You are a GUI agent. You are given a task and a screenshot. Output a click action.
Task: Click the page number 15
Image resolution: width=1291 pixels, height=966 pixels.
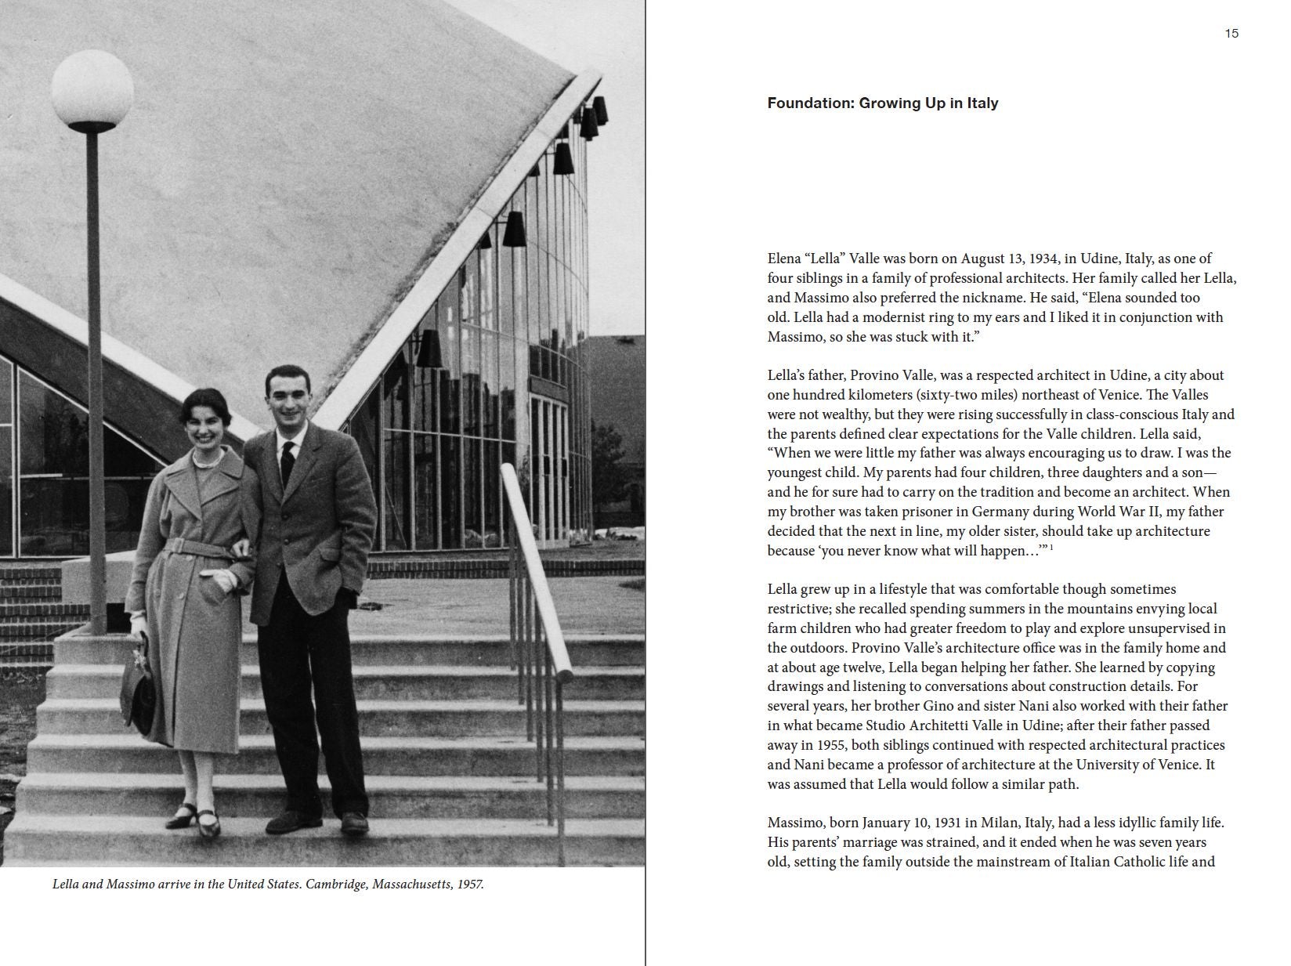pyautogui.click(x=1231, y=34)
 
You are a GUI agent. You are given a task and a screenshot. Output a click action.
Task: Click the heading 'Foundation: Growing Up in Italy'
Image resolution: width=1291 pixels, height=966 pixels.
pyautogui.click(x=882, y=103)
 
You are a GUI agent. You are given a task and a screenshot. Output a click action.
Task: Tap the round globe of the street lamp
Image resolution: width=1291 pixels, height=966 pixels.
pyautogui.click(x=92, y=89)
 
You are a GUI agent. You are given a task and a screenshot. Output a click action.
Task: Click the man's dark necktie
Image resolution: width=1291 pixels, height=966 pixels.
pyautogui.click(x=287, y=461)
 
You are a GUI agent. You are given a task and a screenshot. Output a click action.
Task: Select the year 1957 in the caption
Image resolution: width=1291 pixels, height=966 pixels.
pyautogui.click(x=468, y=885)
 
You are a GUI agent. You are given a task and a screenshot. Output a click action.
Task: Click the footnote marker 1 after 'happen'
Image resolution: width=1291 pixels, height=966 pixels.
pyautogui.click(x=1051, y=547)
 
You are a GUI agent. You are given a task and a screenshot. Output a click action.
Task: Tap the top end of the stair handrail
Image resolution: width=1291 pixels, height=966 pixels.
pyautogui.click(x=508, y=470)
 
